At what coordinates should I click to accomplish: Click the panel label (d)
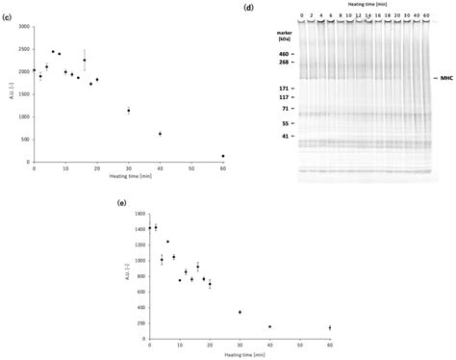pyautogui.click(x=249, y=8)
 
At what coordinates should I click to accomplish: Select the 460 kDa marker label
pyautogui.click(x=283, y=54)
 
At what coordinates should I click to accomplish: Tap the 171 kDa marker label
pyautogui.click(x=283, y=88)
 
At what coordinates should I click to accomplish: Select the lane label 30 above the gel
pyautogui.click(x=394, y=15)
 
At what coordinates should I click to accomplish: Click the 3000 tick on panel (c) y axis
pyautogui.click(x=22, y=19)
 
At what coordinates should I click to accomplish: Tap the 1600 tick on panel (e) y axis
pyautogui.click(x=138, y=214)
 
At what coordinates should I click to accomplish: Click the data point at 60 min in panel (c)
pyautogui.click(x=223, y=156)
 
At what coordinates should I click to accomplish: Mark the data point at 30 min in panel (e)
pyautogui.click(x=266, y=312)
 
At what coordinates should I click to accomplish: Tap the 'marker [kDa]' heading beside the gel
pyautogui.click(x=281, y=37)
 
